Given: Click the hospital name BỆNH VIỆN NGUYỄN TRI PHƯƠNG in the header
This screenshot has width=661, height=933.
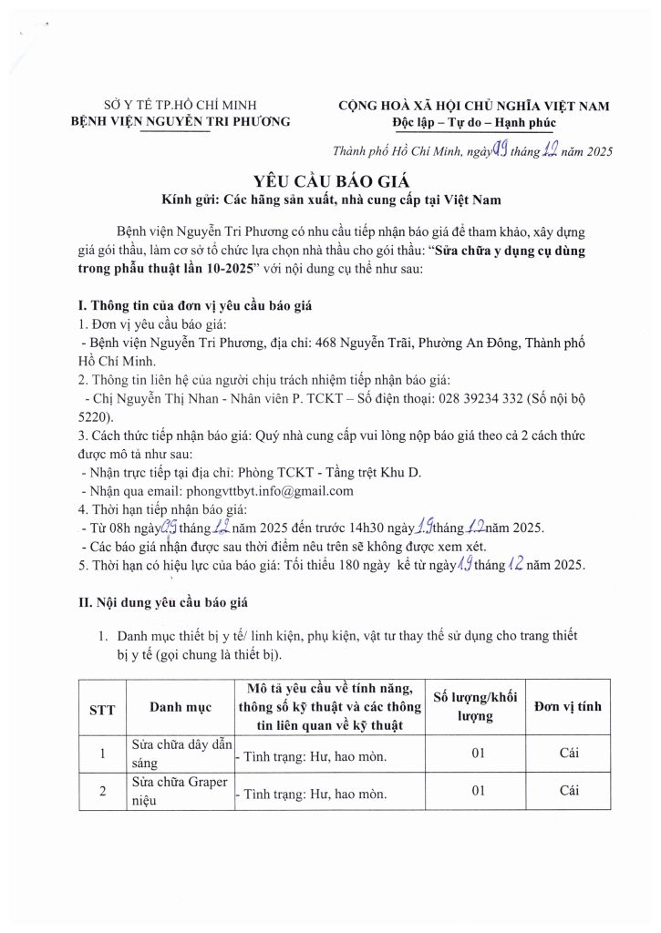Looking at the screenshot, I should coord(181,121).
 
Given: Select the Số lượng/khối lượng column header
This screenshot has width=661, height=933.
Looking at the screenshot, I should coord(475,706).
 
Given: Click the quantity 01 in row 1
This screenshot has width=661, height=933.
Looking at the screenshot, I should coord(476,753).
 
